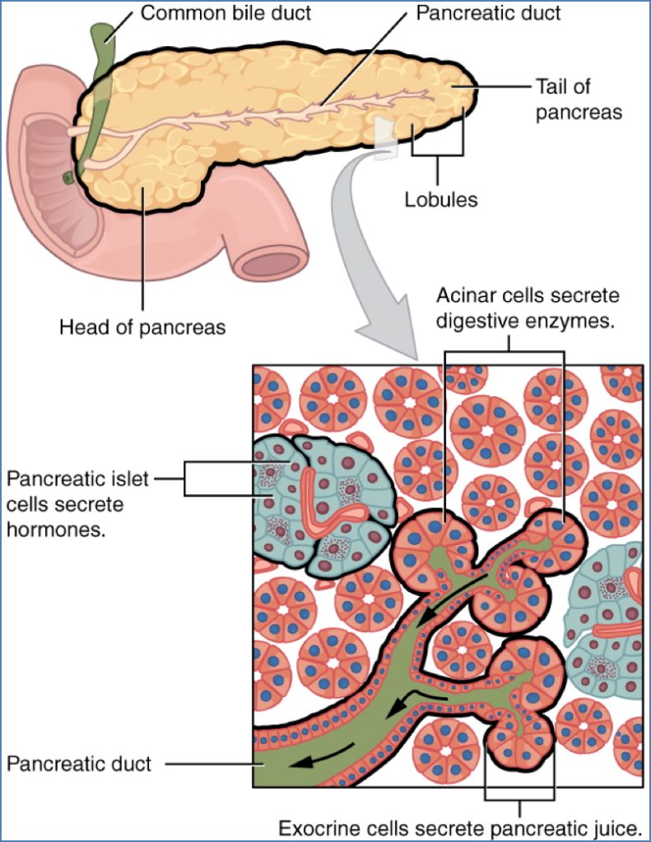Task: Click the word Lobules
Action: [440, 199]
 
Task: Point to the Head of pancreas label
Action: [142, 327]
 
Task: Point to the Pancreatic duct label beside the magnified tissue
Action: [79, 764]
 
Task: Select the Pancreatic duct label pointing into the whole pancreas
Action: [500, 14]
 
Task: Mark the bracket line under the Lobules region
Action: [438, 154]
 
